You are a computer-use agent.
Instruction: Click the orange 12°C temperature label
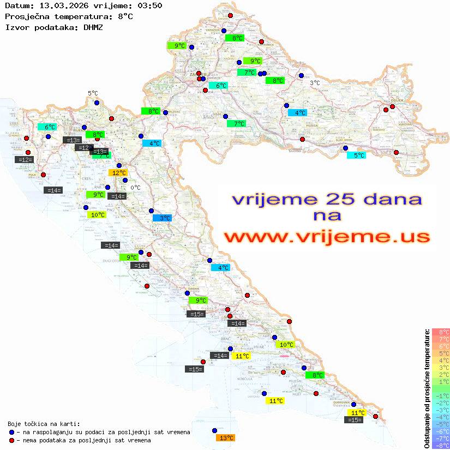tap(119, 173)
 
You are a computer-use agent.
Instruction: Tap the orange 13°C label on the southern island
tap(226, 438)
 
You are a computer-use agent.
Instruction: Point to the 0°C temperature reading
tap(135, 188)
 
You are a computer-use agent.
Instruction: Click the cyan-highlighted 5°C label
tap(358, 155)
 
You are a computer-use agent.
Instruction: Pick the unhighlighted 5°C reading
tap(93, 93)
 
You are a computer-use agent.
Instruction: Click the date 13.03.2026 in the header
tap(61, 5)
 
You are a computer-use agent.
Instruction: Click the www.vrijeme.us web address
tap(327, 237)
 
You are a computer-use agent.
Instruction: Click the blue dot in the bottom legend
tap(11, 432)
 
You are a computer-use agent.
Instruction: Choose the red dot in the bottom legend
tap(11, 440)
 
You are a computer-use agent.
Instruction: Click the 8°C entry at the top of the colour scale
tap(440, 332)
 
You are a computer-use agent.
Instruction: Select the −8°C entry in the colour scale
tap(440, 446)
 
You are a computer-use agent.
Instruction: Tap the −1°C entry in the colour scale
tap(440, 395)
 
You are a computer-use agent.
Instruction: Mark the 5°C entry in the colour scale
tap(440, 353)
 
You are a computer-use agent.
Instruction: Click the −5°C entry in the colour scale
tap(440, 424)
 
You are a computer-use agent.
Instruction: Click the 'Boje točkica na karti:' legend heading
tap(44, 424)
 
